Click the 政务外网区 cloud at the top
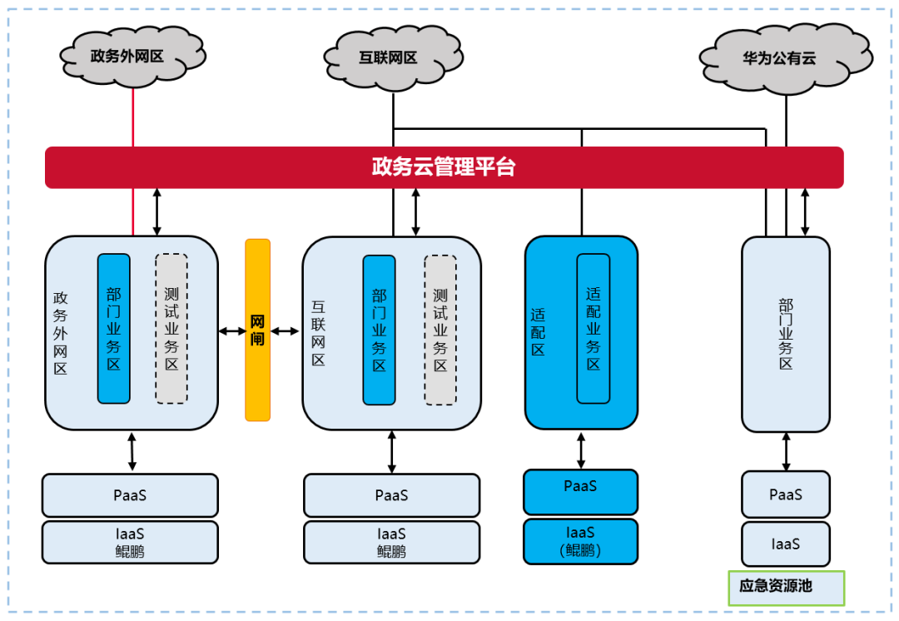click(133, 56)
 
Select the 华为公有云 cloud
click(785, 59)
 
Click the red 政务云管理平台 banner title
click(444, 167)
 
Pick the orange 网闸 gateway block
click(257, 330)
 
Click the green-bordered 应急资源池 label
click(786, 587)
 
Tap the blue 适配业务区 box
click(593, 329)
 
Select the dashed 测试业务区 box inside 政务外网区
click(171, 329)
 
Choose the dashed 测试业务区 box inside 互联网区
click(440, 330)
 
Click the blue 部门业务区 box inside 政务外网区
click(114, 329)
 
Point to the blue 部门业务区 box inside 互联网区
click(379, 330)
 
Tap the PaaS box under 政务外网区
click(130, 495)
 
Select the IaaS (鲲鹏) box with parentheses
click(580, 542)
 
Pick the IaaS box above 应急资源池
click(785, 544)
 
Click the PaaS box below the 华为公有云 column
click(785, 494)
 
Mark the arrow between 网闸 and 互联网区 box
click(285, 331)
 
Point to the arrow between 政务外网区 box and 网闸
click(232, 331)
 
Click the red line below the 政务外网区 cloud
click(133, 117)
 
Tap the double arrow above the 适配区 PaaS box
click(581, 450)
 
